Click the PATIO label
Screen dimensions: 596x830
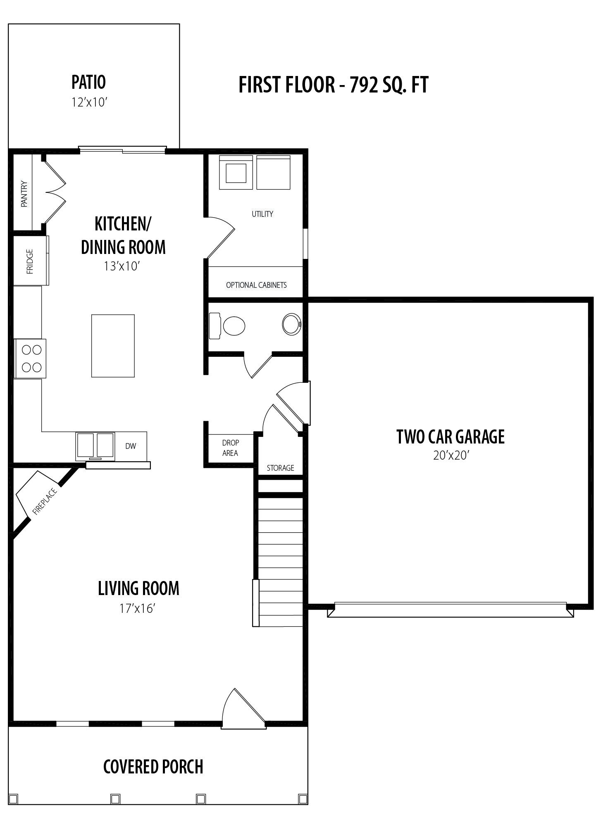[x=88, y=82]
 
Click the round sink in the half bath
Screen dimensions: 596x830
[x=292, y=324]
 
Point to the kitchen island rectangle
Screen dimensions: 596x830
[x=113, y=346]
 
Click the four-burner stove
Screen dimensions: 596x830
[x=30, y=358]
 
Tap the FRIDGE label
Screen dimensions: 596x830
[x=30, y=261]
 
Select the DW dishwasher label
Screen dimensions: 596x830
[x=131, y=446]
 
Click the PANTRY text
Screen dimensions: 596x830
[x=24, y=194]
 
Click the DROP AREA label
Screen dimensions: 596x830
[x=230, y=448]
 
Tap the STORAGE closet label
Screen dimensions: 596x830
[x=280, y=468]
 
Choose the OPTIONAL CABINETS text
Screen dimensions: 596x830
[x=256, y=285]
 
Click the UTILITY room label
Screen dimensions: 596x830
[x=262, y=214]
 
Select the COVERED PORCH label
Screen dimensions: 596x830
[x=153, y=766]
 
